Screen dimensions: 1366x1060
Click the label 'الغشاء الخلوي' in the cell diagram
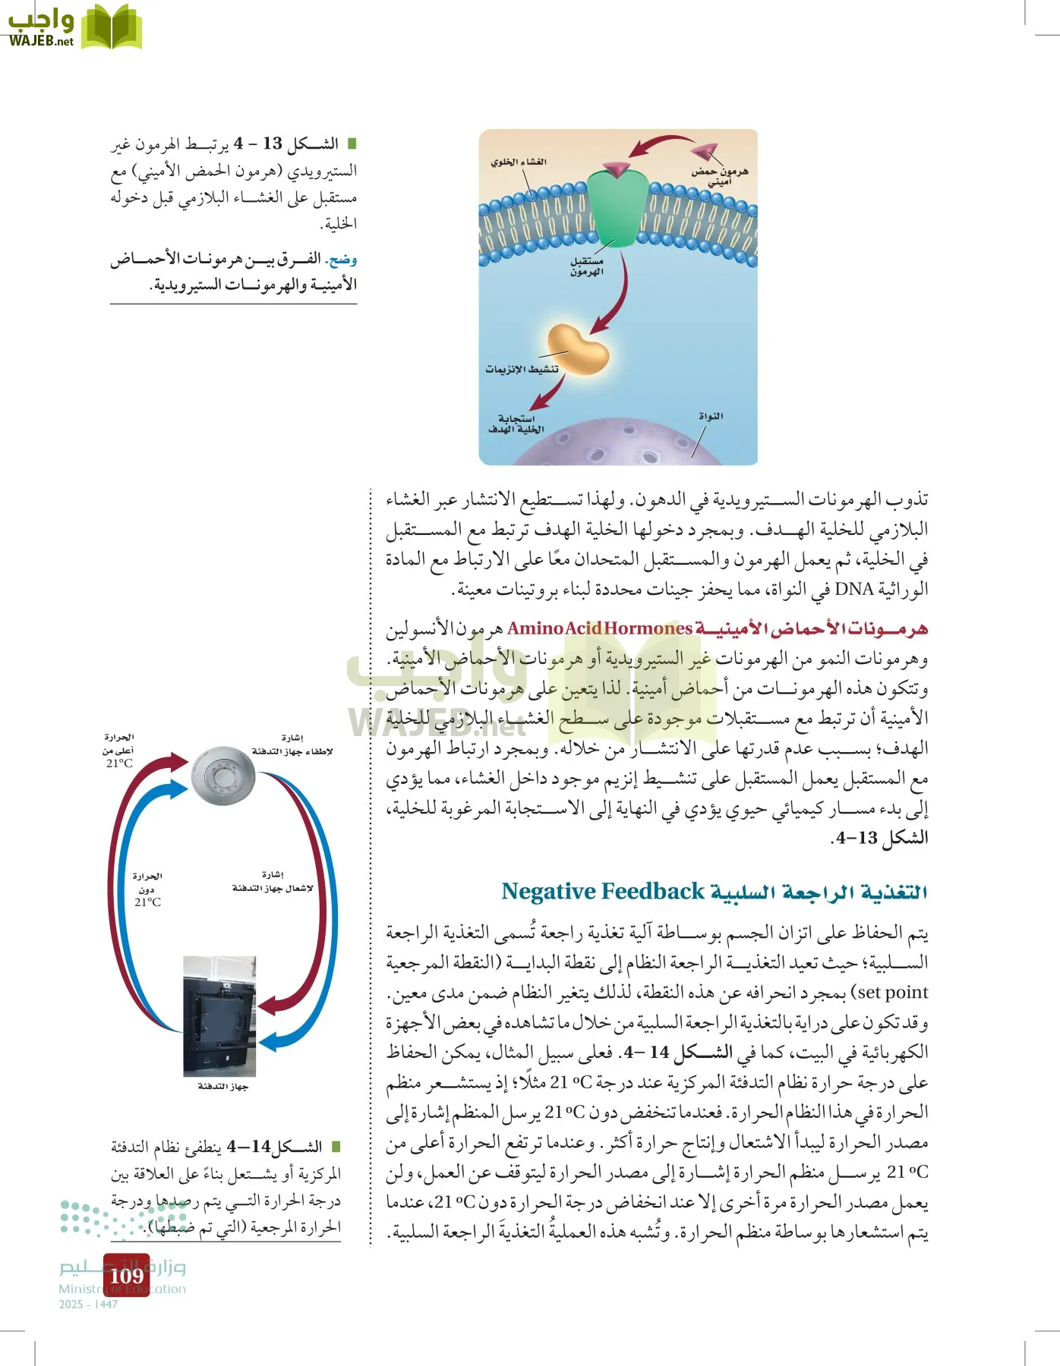[x=519, y=162]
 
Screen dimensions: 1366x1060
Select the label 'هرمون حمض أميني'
[x=719, y=176]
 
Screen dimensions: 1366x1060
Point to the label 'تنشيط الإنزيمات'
[x=522, y=370]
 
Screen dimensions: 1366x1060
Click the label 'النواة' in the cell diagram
[x=710, y=416]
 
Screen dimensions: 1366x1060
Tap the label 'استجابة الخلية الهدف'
[x=516, y=424]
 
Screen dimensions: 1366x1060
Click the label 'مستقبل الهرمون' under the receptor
[x=586, y=266]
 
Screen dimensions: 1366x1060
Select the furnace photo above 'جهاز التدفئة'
[x=219, y=1015]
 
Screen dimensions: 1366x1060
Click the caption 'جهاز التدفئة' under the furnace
[x=222, y=1087]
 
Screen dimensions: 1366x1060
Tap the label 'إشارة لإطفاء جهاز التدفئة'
[x=292, y=745]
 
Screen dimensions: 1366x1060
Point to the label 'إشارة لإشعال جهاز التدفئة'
[x=273, y=882]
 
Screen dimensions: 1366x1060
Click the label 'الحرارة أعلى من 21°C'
[x=118, y=751]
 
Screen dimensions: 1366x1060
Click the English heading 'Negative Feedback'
[x=603, y=892]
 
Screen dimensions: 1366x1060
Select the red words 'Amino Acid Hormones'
[x=599, y=628]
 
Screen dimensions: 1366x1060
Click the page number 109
[x=126, y=1276]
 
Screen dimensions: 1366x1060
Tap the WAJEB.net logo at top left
[x=74, y=27]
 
